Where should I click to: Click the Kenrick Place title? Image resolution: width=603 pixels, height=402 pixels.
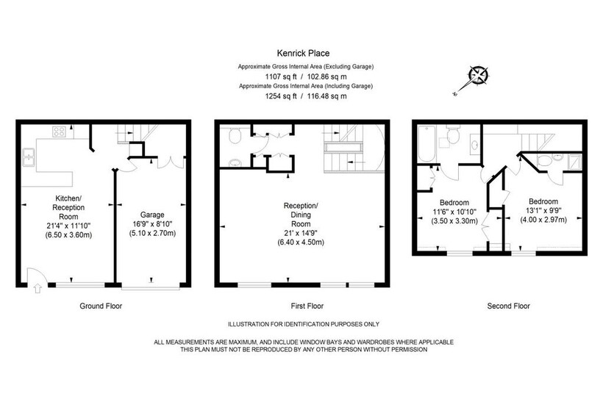point(303,53)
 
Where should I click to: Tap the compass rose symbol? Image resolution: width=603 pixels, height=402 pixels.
point(479,75)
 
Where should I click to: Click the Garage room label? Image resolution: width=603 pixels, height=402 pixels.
point(152,215)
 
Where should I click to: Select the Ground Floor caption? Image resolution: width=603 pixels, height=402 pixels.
point(101,306)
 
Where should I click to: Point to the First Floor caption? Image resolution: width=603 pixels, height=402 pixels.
point(307,306)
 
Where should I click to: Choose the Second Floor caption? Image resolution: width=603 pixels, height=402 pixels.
point(508,306)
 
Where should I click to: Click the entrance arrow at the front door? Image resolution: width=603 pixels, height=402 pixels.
point(38,288)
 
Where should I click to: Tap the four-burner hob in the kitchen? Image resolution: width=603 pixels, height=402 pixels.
point(60,132)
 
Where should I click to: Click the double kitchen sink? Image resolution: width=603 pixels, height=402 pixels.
point(29,157)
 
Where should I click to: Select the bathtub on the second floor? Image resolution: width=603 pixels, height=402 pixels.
point(426,143)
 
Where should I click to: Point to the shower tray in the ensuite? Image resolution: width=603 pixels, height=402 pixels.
point(574,162)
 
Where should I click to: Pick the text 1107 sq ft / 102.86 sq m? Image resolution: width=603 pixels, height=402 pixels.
point(306,76)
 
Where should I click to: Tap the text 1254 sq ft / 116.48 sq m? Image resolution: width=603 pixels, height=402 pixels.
point(306,96)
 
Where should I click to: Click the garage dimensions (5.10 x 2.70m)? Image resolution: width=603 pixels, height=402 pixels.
point(152,233)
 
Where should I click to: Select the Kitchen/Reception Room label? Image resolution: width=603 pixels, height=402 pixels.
point(68,207)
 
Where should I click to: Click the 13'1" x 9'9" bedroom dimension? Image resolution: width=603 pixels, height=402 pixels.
point(543,211)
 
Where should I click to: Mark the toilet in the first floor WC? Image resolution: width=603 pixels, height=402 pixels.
point(235,135)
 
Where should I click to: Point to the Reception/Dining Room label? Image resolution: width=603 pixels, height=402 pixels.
point(301,215)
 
